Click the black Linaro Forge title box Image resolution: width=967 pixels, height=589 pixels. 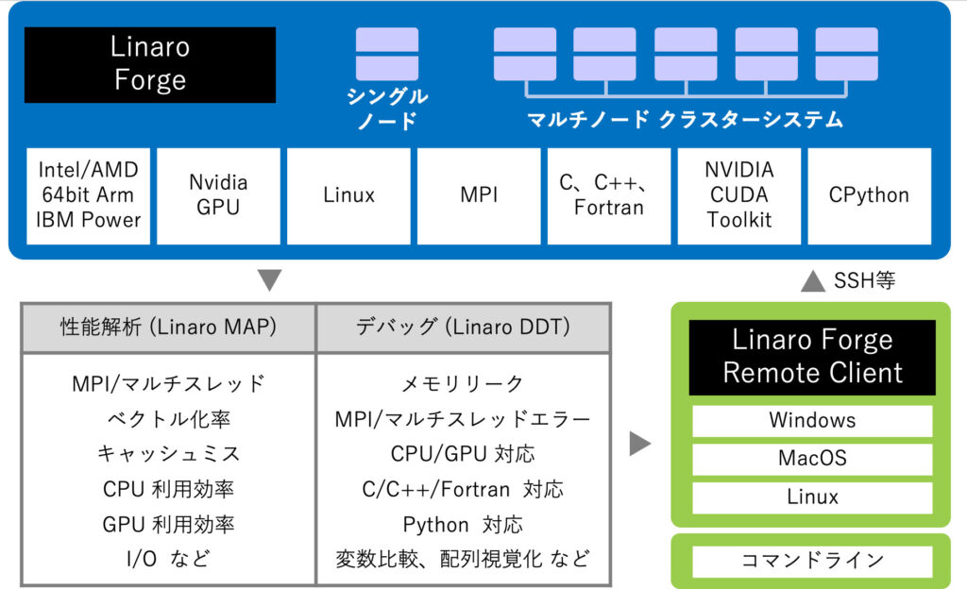(149, 64)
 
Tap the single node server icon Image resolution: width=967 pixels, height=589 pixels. (386, 54)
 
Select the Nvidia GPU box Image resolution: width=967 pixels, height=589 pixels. (218, 195)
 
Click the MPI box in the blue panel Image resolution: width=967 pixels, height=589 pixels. (479, 195)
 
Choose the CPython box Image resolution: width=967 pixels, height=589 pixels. (869, 195)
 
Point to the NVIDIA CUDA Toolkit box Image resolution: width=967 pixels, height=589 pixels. (738, 195)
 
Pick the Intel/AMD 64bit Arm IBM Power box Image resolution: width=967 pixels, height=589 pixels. (89, 195)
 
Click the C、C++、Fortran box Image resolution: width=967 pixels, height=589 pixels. (609, 195)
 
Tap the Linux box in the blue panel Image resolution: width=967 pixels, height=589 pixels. (348, 195)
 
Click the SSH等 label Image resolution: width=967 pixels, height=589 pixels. (864, 280)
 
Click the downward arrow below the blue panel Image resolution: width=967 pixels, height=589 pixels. (269, 280)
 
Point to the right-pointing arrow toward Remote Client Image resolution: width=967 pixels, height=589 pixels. (640, 443)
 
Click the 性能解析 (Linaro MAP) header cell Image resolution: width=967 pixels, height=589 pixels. (168, 328)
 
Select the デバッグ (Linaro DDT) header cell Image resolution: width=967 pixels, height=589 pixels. (463, 328)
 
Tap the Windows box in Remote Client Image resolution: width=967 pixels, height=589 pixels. (812, 420)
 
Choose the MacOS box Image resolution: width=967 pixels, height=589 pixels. (812, 459)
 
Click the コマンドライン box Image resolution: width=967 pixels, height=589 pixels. (812, 561)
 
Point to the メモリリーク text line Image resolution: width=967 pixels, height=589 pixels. (463, 383)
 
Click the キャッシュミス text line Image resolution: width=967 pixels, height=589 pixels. (168, 454)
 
